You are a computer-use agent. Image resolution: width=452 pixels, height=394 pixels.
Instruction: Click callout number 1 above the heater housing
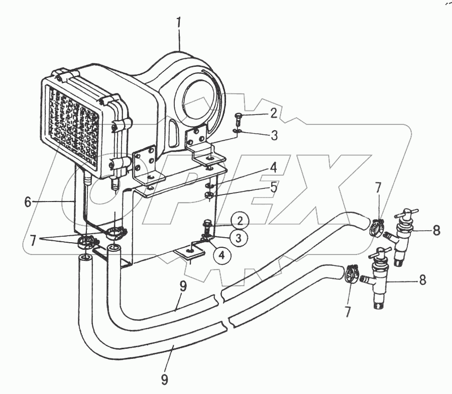point(179,23)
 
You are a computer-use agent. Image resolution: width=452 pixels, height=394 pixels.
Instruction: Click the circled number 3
point(241,237)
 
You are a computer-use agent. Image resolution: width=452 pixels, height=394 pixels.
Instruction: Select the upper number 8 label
point(435,232)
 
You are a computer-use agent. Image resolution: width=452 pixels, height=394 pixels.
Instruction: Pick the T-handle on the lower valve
point(382,254)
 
